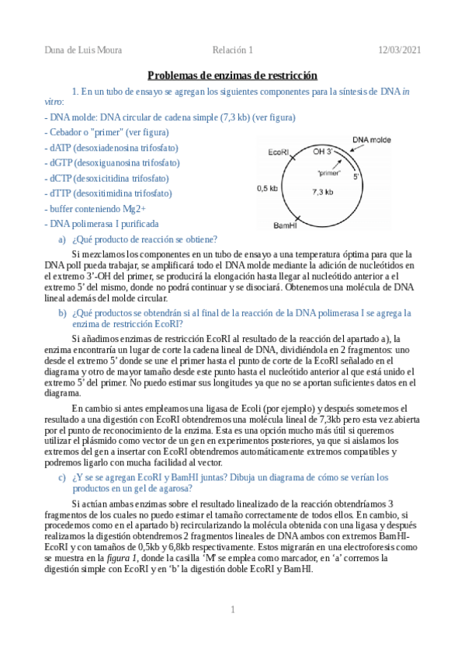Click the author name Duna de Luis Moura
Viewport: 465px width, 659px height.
83,51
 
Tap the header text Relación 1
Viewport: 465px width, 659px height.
234,51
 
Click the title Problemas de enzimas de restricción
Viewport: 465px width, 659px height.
233,75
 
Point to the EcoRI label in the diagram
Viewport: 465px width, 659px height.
279,152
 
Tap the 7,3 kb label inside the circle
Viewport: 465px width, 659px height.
322,191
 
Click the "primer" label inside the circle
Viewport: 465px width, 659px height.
330,173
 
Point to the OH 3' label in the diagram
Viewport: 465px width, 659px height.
322,152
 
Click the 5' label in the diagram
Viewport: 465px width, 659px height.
356,176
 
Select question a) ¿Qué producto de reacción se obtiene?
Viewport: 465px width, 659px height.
143,239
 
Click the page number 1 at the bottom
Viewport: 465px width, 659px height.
232,609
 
